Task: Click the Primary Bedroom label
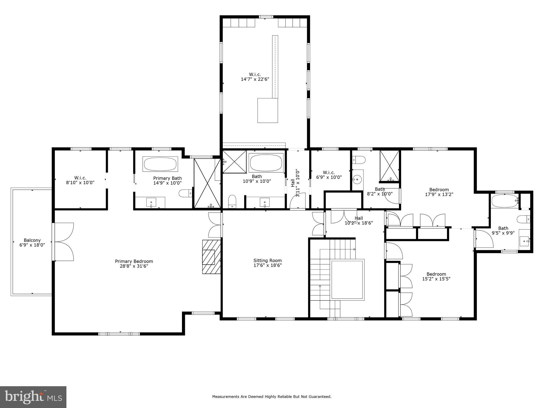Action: [x=134, y=261]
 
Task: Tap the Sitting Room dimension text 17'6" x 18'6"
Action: [x=267, y=265]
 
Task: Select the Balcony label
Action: [x=32, y=240]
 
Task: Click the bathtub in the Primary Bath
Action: [x=160, y=164]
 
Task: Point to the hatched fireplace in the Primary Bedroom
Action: [x=211, y=257]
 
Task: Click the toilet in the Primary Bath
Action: [x=185, y=193]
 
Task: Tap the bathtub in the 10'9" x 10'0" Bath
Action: [x=266, y=163]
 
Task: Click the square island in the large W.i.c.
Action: [x=267, y=110]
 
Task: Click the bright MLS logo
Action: [x=33, y=397]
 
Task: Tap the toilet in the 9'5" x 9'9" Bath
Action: [x=523, y=219]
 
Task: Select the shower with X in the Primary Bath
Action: [x=207, y=183]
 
